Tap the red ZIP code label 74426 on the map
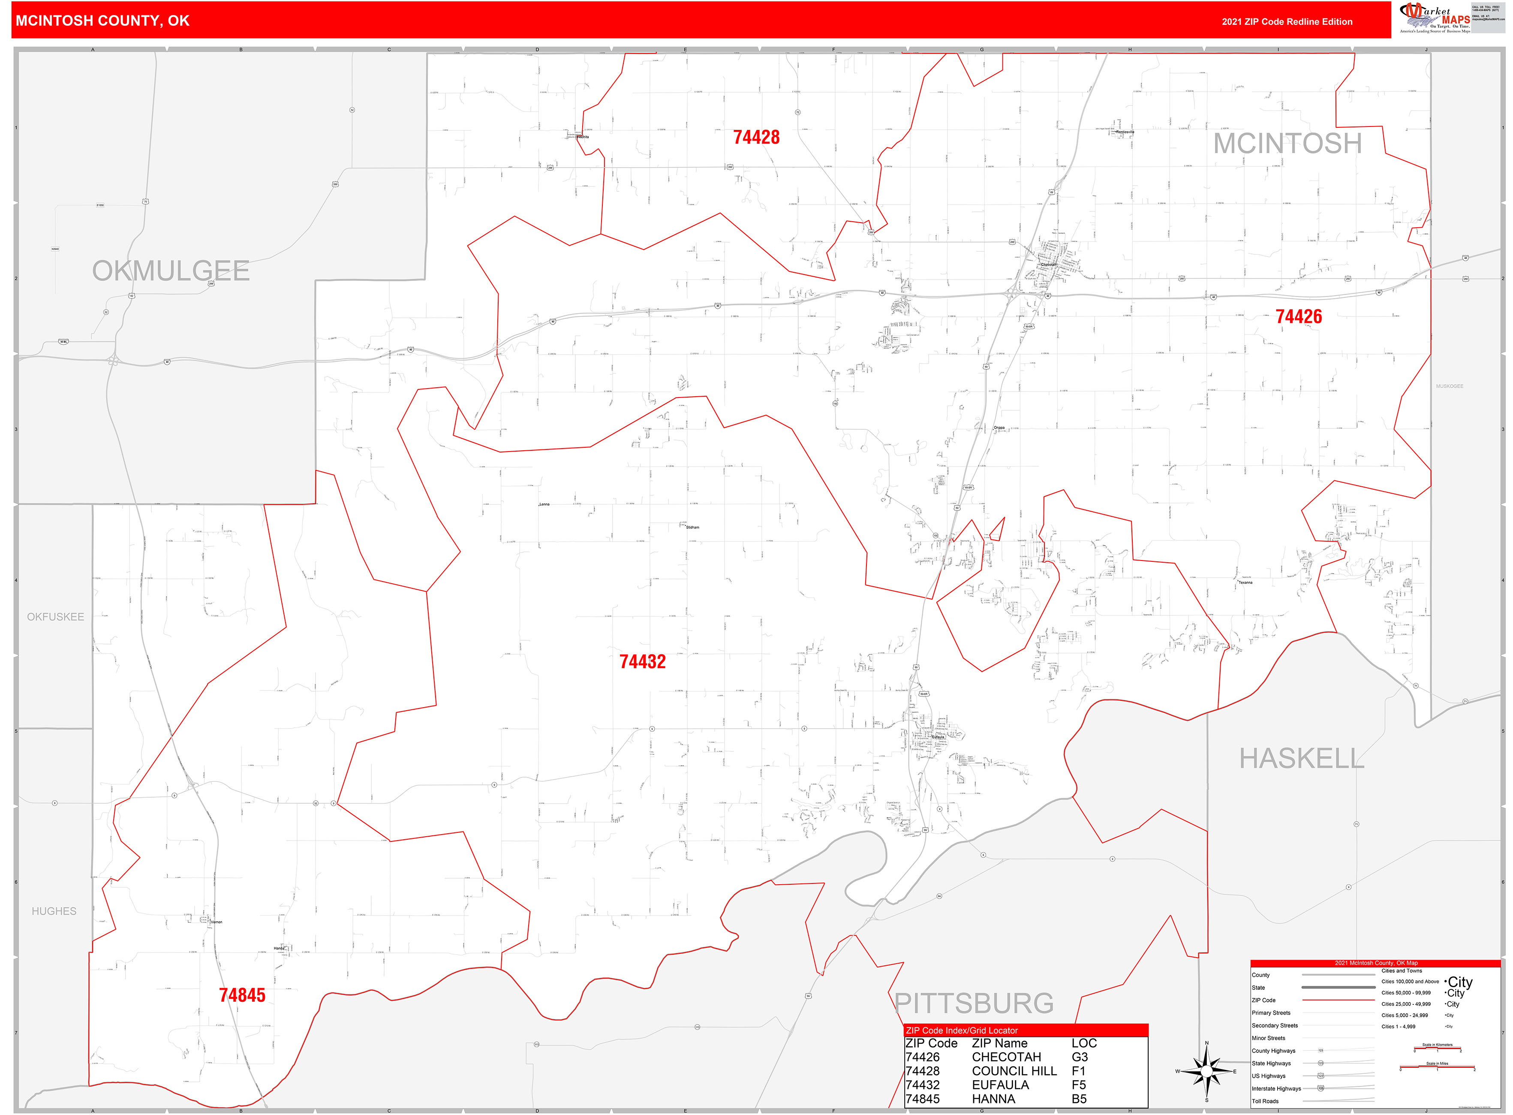pyautogui.click(x=1298, y=316)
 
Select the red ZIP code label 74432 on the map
pyautogui.click(x=642, y=661)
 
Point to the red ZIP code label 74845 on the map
pyautogui.click(x=242, y=995)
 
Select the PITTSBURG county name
pyautogui.click(x=973, y=1003)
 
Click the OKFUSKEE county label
pyautogui.click(x=55, y=617)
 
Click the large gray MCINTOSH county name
pyautogui.click(x=1287, y=143)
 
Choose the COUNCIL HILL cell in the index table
pyautogui.click(x=1014, y=1071)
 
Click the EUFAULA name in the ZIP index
pyautogui.click(x=1000, y=1085)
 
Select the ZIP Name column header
pyautogui.click(x=999, y=1043)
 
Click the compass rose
pyautogui.click(x=1206, y=1071)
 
